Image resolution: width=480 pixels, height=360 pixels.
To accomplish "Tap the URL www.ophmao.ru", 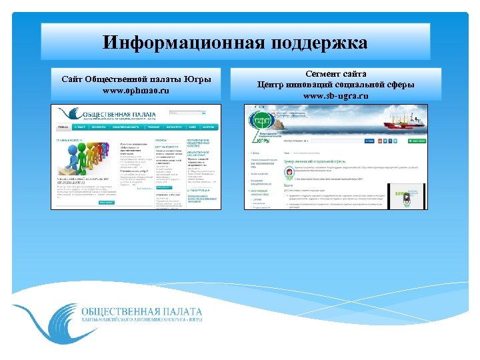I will pyautogui.click(x=136, y=90).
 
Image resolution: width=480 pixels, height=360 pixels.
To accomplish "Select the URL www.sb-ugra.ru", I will pyautogui.click(x=335, y=96).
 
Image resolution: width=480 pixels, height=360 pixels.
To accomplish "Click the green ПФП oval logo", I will pyautogui.click(x=262, y=121).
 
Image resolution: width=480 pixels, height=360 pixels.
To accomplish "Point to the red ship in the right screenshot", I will pyautogui.click(x=400, y=122).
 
